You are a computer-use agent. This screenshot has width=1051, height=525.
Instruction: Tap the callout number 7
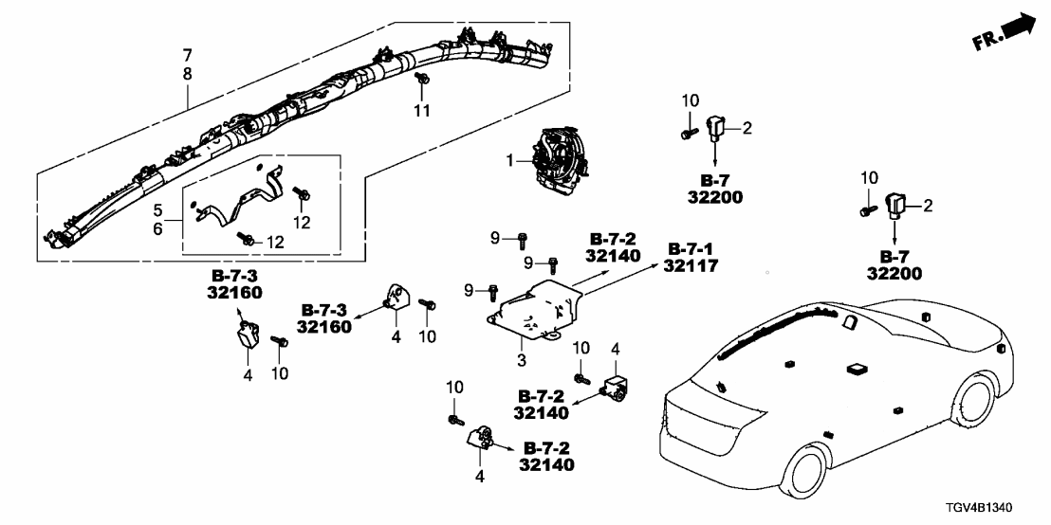[x=186, y=53]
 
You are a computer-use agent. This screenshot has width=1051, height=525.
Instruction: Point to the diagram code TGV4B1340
[x=997, y=509]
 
